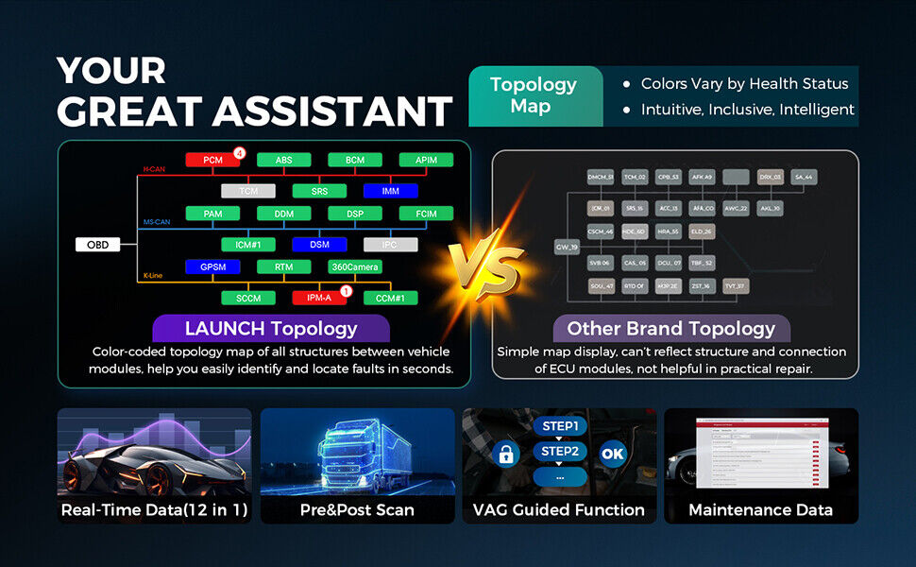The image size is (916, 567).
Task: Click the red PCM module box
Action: click(x=212, y=160)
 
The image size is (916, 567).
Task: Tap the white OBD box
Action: click(x=98, y=245)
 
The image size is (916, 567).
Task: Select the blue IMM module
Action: click(x=390, y=191)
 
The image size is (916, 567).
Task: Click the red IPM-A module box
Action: click(x=319, y=298)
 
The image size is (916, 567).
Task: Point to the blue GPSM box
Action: click(x=212, y=267)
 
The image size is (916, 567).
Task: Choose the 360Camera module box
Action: click(x=354, y=267)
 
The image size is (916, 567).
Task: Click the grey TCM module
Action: click(x=247, y=191)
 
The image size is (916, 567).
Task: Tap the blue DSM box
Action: click(x=319, y=245)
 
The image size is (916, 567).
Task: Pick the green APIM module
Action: click(x=425, y=160)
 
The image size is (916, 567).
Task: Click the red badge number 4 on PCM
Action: click(x=240, y=153)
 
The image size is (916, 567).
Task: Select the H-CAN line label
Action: click(x=154, y=170)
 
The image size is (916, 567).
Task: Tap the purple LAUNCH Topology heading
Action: click(x=271, y=329)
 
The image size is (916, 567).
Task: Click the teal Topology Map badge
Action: click(x=534, y=95)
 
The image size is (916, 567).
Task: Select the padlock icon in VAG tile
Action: click(x=505, y=454)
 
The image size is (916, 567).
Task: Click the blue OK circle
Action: click(x=613, y=454)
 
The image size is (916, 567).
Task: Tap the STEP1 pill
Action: click(x=559, y=426)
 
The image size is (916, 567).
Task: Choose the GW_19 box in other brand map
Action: click(x=567, y=247)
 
